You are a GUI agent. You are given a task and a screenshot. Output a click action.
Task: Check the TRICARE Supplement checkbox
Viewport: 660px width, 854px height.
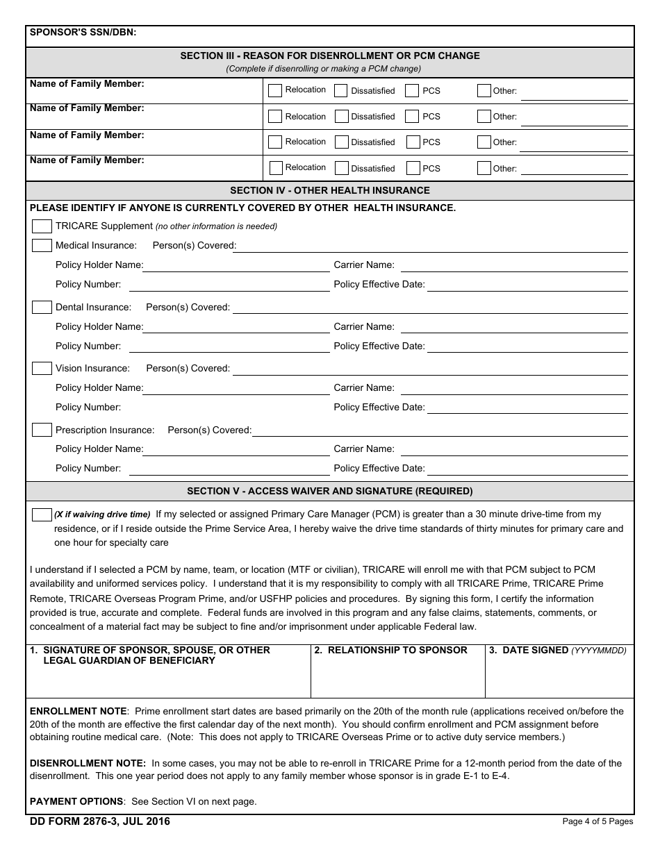pyautogui.click(x=42, y=226)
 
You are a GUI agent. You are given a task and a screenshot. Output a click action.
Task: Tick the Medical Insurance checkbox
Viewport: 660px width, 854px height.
pyautogui.click(x=42, y=246)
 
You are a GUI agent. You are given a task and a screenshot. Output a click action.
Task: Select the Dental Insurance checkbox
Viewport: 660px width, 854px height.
pyautogui.click(x=42, y=307)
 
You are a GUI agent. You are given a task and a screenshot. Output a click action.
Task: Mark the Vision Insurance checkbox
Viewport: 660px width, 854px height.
pyautogui.click(x=42, y=369)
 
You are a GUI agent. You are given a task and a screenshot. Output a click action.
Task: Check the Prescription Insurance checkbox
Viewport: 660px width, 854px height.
pyautogui.click(x=42, y=430)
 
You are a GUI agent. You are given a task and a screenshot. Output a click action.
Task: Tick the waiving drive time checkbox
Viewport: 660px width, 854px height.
pyautogui.click(x=42, y=514)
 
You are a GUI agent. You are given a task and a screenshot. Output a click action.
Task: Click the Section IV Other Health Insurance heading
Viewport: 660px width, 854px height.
pyautogui.click(x=329, y=190)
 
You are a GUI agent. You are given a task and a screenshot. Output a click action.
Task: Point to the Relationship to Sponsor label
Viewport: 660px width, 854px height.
pyautogui.click(x=390, y=651)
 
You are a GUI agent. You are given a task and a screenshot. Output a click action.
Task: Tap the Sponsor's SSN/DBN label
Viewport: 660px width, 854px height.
pyautogui.click(x=83, y=32)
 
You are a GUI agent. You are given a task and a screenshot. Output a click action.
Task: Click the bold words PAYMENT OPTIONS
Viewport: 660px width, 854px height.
pyautogui.click(x=76, y=801)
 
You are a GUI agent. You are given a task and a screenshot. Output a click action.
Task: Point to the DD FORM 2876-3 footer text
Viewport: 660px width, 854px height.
pyautogui.click(x=100, y=821)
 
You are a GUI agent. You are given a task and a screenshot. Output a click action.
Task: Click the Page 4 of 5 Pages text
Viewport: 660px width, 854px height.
pyautogui.click(x=597, y=821)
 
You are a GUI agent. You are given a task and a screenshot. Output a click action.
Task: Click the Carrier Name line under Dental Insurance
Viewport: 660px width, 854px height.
pyautogui.click(x=514, y=328)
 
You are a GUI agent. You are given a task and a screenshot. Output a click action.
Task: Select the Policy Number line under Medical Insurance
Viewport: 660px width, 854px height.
pyautogui.click(x=229, y=285)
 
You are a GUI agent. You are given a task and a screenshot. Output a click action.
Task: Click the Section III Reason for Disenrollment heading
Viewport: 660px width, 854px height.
pyautogui.click(x=329, y=56)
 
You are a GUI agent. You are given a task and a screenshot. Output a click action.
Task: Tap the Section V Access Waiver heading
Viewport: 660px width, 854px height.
pyautogui.click(x=329, y=491)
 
